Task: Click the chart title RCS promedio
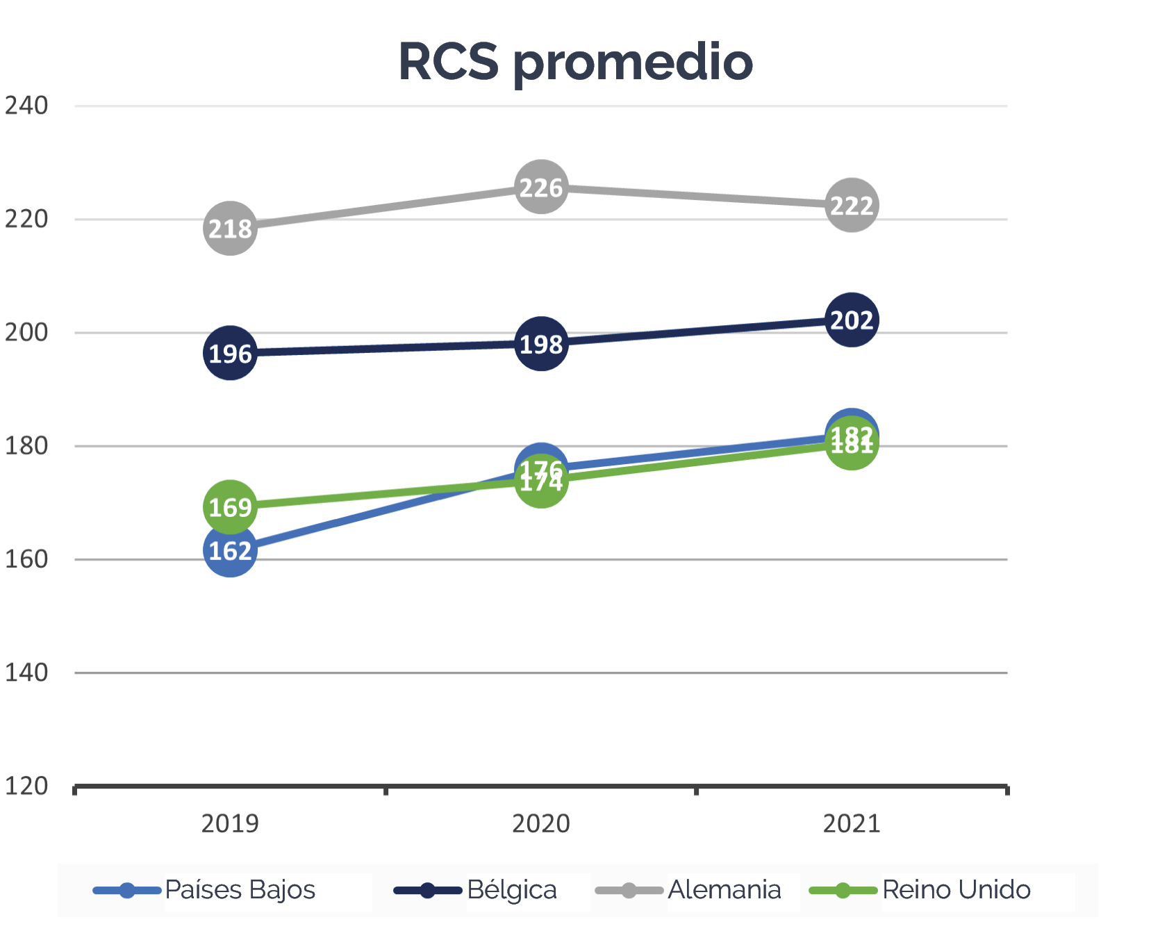coord(575,63)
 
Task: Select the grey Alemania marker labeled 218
coord(230,228)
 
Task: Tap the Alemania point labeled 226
coord(541,187)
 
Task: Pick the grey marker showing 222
coord(852,205)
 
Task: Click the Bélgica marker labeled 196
coord(230,353)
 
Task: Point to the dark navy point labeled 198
coord(541,343)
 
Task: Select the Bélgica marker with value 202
coord(852,320)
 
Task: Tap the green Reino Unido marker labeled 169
coord(230,506)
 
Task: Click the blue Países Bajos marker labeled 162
coord(230,550)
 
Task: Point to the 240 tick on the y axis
coord(26,106)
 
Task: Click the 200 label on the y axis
coord(26,332)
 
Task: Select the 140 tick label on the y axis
coord(26,672)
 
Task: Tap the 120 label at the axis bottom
coord(26,786)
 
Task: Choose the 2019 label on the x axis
coord(230,823)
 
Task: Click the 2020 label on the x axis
coord(541,823)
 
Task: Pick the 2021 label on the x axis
coord(852,823)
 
